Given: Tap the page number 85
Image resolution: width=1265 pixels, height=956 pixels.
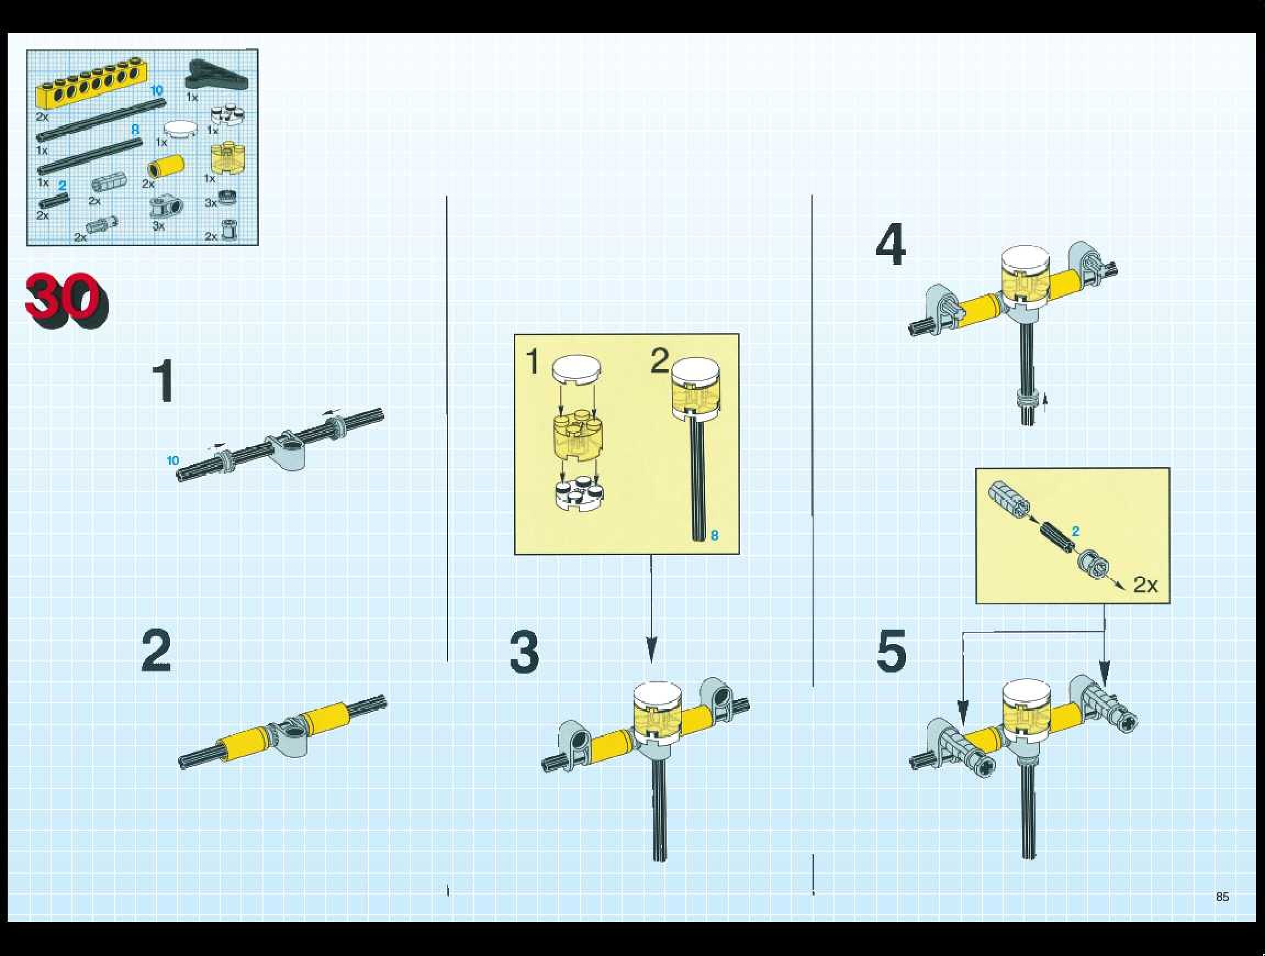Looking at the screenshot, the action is tap(1222, 897).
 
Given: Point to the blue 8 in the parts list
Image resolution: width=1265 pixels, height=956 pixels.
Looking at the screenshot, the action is tap(135, 130).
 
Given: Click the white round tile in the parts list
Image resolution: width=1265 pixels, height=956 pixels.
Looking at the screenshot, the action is tap(180, 128).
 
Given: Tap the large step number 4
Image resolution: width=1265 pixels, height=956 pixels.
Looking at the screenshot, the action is tap(891, 245).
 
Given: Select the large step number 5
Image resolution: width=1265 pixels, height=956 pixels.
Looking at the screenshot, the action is tap(892, 650).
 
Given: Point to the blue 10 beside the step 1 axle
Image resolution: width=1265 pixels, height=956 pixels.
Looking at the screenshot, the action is tap(173, 460).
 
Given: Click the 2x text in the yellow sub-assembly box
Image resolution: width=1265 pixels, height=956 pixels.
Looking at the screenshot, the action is tap(1145, 584).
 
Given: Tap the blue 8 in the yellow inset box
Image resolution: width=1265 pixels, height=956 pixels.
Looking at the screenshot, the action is tap(714, 535).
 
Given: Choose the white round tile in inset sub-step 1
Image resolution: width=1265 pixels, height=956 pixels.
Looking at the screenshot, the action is tap(576, 370).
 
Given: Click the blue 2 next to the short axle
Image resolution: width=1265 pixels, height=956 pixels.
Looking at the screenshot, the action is tap(1076, 531).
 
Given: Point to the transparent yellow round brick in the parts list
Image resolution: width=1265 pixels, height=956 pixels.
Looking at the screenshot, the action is tap(227, 158).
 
